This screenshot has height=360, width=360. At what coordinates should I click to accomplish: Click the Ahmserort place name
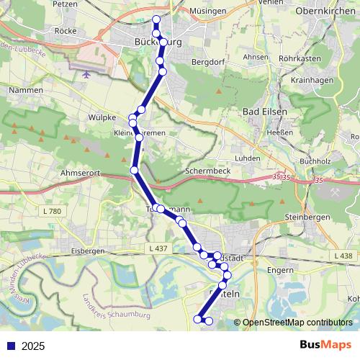click(81, 173)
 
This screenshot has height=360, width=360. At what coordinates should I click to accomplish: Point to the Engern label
click(279, 271)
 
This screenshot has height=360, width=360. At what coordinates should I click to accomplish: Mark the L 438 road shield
click(343, 256)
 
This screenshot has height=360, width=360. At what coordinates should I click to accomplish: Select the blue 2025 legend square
click(11, 346)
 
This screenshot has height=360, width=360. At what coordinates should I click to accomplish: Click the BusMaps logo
click(325, 346)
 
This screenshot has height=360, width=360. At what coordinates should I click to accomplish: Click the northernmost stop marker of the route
click(156, 19)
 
